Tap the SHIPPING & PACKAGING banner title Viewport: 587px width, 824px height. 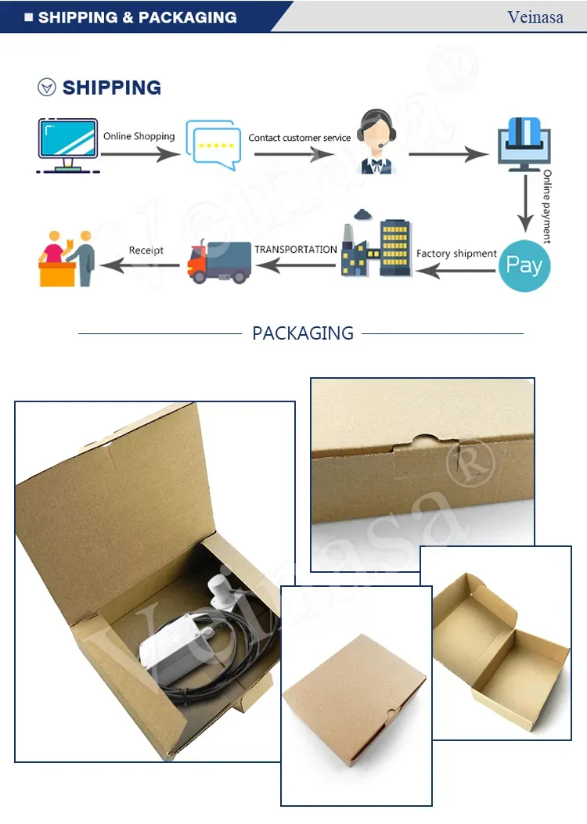[x=137, y=17]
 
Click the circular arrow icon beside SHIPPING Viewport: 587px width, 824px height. [x=47, y=88]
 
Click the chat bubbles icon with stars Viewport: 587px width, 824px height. [x=212, y=145]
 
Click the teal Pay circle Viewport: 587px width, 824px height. [x=524, y=265]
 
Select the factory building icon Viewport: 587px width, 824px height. [x=376, y=245]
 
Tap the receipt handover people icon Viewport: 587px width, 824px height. [x=67, y=257]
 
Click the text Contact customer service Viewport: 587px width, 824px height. [x=300, y=138]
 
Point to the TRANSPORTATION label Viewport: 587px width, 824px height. [x=296, y=250]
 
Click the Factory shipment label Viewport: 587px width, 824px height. [x=456, y=254]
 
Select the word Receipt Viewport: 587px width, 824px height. [x=146, y=250]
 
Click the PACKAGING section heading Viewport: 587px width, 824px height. [x=303, y=333]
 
